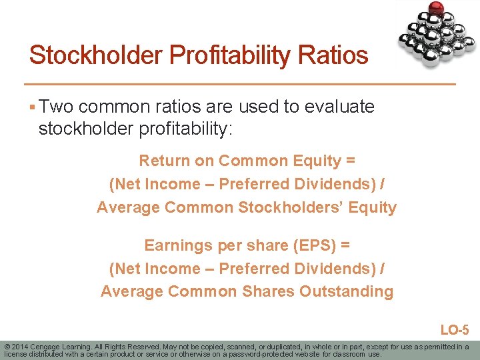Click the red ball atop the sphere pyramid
437,9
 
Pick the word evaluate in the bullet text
339,107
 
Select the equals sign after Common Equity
350,161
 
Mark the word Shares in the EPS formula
268,291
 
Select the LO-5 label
454,329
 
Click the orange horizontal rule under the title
240,84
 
